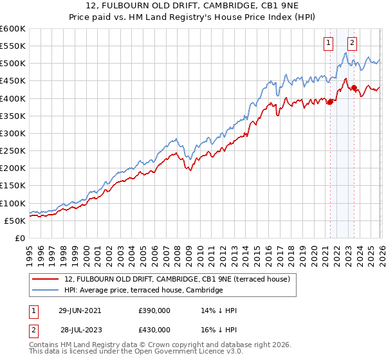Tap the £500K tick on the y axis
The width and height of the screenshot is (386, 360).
(x=13, y=64)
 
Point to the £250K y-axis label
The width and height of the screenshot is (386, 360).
(x=13, y=151)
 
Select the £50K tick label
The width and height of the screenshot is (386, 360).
(x=15, y=221)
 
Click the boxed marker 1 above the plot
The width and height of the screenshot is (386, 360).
(x=329, y=43)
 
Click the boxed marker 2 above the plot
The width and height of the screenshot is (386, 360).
(x=353, y=43)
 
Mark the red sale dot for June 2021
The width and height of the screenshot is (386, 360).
(x=330, y=102)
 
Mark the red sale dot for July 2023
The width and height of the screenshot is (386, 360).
(x=354, y=87)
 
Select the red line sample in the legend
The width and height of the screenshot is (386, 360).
(x=46, y=279)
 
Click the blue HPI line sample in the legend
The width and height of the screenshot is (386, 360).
(x=46, y=291)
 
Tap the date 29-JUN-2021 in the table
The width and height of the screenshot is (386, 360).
(x=80, y=310)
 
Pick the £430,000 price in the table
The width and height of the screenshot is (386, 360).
(x=154, y=328)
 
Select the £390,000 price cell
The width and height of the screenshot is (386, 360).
(x=154, y=310)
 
